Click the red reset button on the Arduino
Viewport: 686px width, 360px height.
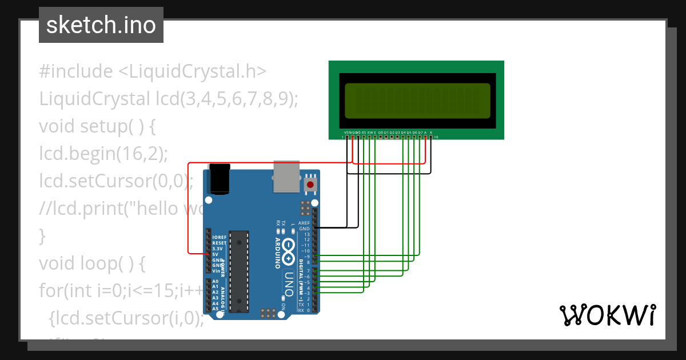click(310, 185)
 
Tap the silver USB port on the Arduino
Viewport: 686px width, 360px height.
click(286, 175)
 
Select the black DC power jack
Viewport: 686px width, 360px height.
click(220, 179)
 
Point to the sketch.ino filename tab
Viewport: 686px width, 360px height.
click(101, 25)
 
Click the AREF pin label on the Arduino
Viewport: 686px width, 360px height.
click(304, 223)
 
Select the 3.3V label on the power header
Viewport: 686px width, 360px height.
click(218, 249)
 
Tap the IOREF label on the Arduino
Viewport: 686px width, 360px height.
click(219, 237)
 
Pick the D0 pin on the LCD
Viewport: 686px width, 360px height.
click(381, 133)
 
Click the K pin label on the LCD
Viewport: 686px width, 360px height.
click(431, 133)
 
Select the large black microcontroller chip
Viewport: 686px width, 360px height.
click(239, 271)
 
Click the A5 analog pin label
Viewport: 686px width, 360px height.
click(216, 309)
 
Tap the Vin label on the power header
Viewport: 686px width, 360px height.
click(216, 270)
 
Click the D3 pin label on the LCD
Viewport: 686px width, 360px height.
click(397, 133)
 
